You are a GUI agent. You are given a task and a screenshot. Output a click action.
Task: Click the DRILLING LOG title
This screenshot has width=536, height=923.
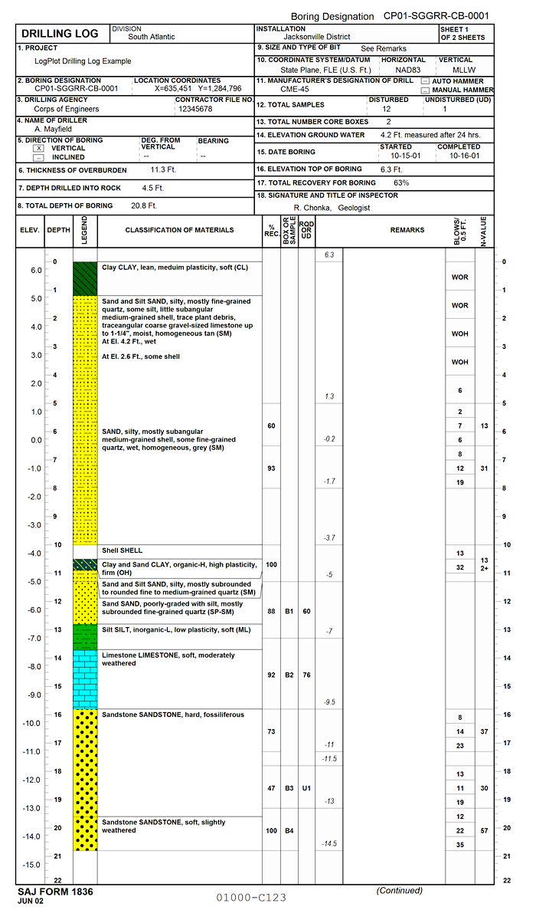click(60, 34)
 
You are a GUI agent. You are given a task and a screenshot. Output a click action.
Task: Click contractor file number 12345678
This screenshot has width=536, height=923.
click(195, 109)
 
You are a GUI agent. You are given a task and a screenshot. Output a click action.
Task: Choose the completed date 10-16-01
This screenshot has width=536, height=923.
click(464, 155)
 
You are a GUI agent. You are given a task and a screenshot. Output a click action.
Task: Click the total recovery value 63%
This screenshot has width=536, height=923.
click(401, 182)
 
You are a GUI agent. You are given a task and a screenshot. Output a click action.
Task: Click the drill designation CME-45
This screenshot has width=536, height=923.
click(294, 90)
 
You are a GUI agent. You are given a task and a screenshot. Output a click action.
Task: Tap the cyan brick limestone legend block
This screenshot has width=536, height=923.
click(85, 679)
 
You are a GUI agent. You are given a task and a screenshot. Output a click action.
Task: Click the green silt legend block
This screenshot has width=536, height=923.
click(85, 636)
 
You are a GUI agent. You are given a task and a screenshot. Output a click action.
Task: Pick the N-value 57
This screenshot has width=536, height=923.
click(484, 830)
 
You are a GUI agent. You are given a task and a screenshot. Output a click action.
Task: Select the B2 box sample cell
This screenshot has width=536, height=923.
click(289, 675)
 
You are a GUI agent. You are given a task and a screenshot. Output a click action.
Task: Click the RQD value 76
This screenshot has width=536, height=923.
click(306, 675)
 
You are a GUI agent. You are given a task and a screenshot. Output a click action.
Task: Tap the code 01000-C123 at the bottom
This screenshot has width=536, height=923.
click(250, 897)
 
